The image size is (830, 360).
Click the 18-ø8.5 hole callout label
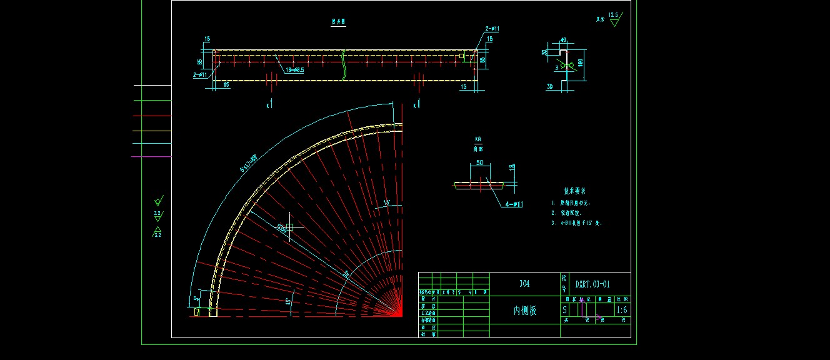click(295, 70)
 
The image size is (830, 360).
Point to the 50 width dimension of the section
click(479, 162)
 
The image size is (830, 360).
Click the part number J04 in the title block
click(524, 284)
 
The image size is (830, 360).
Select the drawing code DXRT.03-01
click(593, 284)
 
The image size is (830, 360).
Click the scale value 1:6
click(622, 310)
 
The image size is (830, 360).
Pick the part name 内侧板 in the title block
click(524, 310)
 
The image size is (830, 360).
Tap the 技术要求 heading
click(574, 191)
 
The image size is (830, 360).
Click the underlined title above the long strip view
click(338, 22)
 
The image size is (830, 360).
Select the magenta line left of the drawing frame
click(151, 156)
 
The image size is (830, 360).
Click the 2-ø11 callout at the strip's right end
click(492, 29)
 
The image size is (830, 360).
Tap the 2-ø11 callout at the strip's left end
click(201, 74)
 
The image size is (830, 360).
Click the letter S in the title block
click(565, 310)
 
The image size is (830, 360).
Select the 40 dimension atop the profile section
click(563, 40)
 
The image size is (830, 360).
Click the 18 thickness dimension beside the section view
click(512, 167)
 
